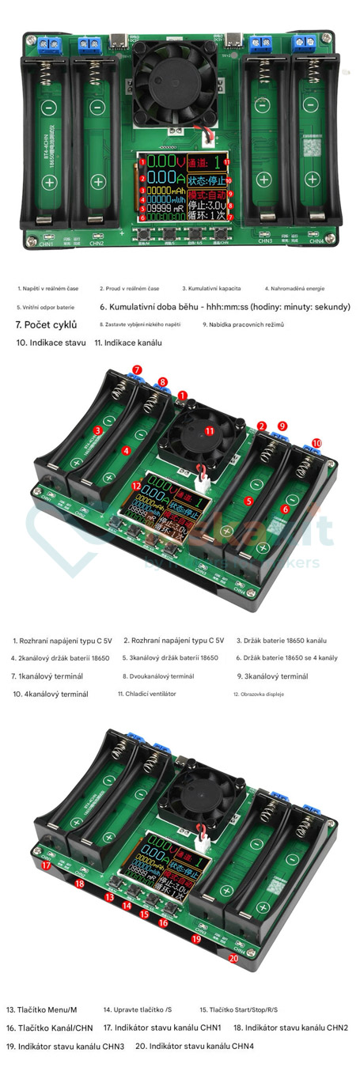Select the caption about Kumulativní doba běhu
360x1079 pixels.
tap(225, 307)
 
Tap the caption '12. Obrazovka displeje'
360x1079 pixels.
tap(258, 694)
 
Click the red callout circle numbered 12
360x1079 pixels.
tap(136, 486)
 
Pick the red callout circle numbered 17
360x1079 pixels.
tap(46, 865)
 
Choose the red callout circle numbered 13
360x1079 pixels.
tap(109, 897)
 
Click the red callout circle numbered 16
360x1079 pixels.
tap(163, 922)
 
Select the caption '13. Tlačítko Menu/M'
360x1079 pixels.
tap(41, 1009)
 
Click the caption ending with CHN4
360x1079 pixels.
tap(195, 1046)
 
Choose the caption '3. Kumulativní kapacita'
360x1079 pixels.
tap(212, 289)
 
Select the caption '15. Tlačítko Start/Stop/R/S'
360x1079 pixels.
tap(238, 1009)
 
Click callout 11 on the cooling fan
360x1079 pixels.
tap(210, 430)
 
